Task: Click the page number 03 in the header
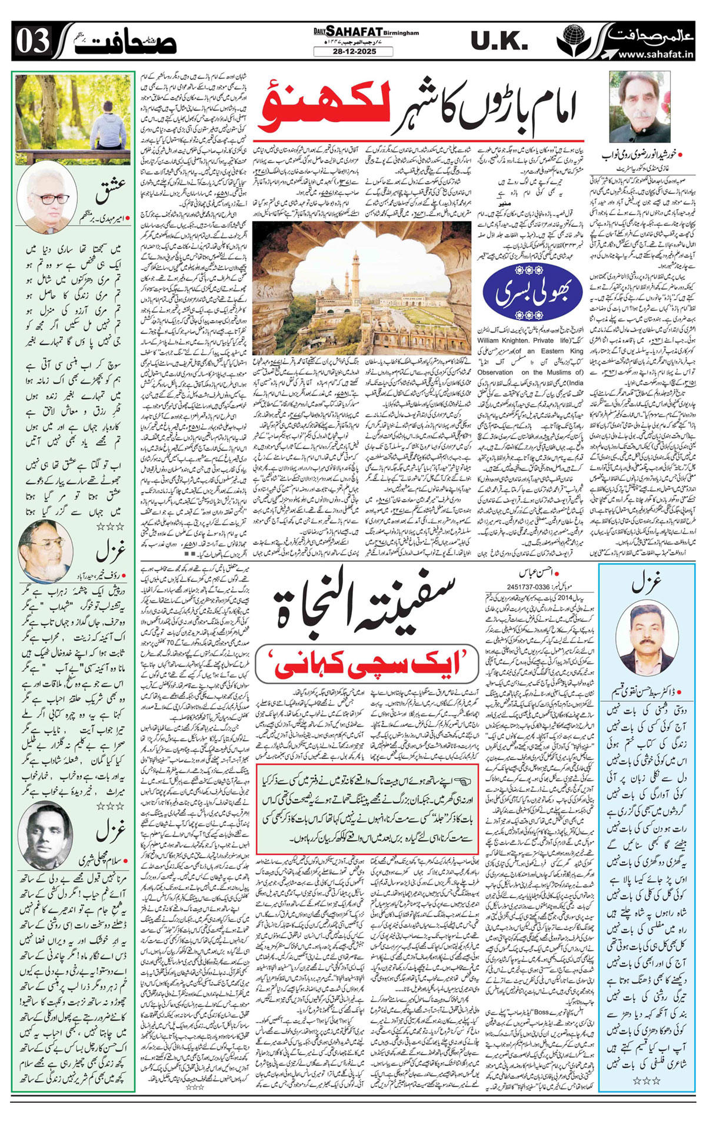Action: (x=32, y=41)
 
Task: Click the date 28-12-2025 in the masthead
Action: (x=353, y=52)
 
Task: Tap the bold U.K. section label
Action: (x=499, y=41)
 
